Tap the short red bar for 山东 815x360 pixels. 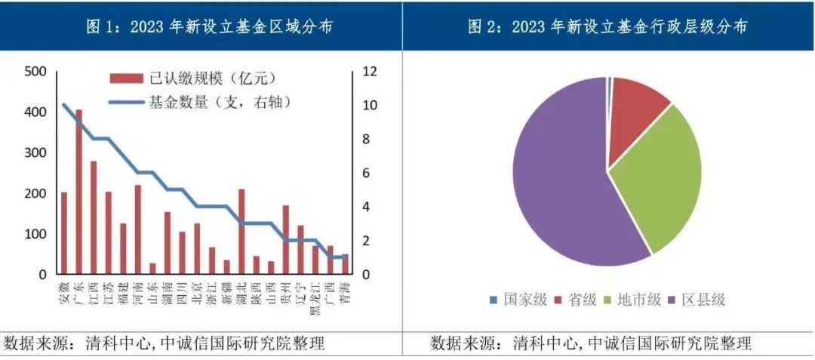point(152,269)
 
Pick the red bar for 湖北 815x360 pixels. point(241,232)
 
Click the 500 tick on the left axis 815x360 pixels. point(35,72)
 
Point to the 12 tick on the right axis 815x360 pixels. point(369,72)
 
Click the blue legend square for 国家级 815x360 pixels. point(494,300)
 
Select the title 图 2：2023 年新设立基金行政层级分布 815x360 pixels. point(608,27)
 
